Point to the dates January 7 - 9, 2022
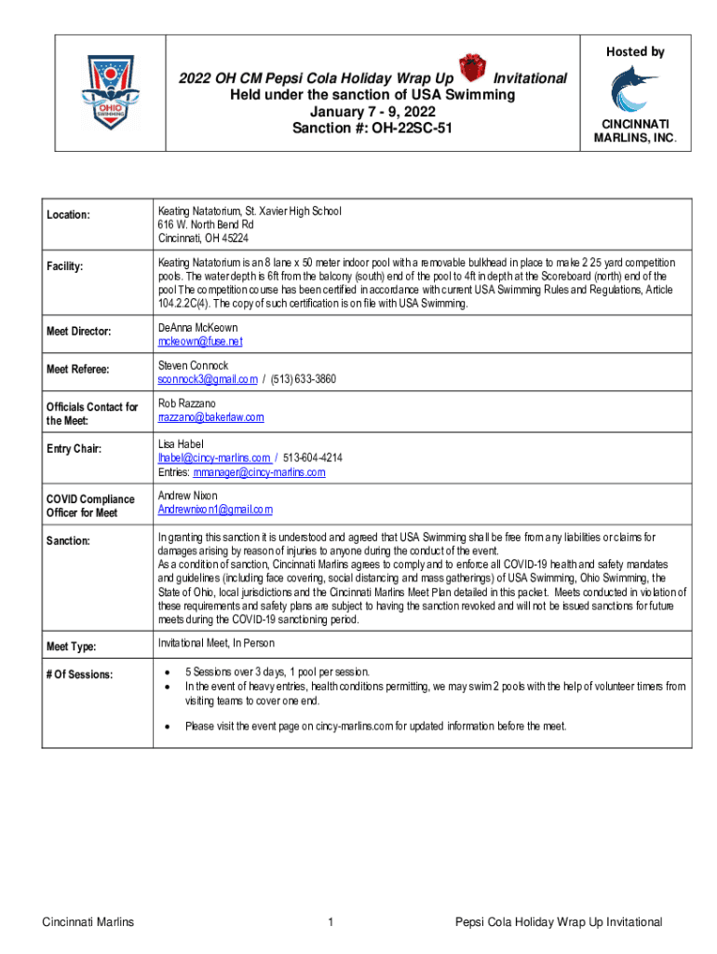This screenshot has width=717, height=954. click(372, 111)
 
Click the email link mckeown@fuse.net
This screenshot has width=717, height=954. click(199, 341)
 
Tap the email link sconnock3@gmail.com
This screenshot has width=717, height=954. click(208, 379)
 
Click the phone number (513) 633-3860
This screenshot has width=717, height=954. click(304, 379)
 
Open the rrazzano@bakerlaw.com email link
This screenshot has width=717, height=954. click(210, 417)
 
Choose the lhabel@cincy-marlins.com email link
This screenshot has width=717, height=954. click(214, 457)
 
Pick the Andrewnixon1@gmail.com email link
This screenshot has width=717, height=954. click(215, 510)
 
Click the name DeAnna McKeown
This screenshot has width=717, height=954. click(197, 328)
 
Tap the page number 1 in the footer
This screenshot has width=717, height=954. click(331, 922)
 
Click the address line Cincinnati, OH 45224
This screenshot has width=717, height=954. click(203, 238)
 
